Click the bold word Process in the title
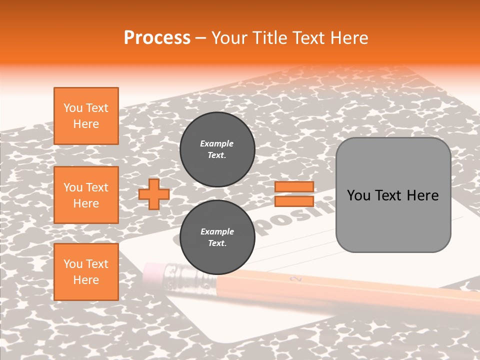tap(157, 38)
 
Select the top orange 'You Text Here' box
tap(86, 116)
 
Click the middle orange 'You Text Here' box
tap(86, 195)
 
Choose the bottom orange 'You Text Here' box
tap(86, 272)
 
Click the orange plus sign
tap(154, 194)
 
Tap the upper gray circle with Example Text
tap(217, 149)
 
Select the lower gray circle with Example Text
tap(217, 237)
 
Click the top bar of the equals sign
tap(294, 187)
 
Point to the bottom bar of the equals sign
tap(294, 201)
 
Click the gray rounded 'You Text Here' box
tap(393, 195)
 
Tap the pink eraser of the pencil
tap(152, 271)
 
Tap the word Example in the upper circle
tap(216, 143)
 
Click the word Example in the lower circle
tap(217, 231)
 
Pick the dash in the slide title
tap(201, 38)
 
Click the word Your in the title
tap(230, 38)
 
